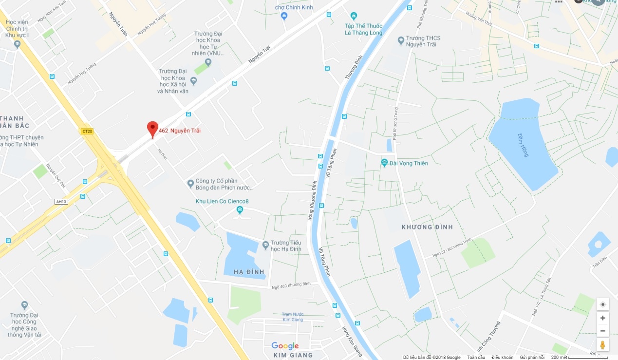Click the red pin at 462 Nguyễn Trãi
coord(152,129)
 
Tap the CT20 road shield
coord(87,131)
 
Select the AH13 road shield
coord(61,202)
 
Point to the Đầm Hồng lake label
coord(522,144)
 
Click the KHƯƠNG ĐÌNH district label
coord(427,227)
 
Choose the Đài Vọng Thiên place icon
coord(384,163)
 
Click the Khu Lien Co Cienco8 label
coord(222,202)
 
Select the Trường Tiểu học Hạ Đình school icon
coord(265,245)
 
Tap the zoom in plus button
coord(602,318)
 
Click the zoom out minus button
coord(602,331)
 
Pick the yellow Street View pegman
coord(602,345)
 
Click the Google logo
coord(285,346)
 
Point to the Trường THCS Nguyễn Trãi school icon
coord(401,40)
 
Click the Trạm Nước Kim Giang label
coord(292,317)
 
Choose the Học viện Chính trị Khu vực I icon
coord(17,44)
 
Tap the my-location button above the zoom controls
coord(602,304)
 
